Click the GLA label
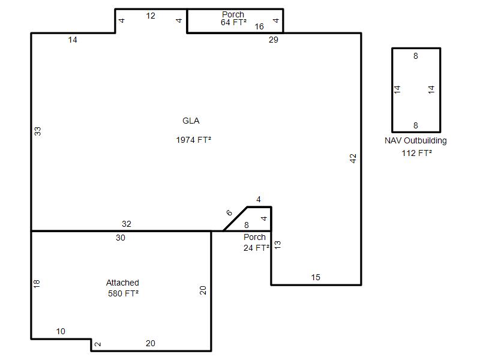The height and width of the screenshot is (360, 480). pos(191,121)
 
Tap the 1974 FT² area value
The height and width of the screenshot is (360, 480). pos(193,140)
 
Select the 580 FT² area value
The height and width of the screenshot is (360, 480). pos(123,293)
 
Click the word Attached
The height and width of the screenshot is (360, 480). pos(122,283)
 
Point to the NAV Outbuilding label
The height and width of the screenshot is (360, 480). pos(415,140)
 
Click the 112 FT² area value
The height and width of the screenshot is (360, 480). pos(416,153)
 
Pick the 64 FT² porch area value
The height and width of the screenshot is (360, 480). pos(233,22)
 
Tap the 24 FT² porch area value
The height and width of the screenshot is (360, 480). pos(257,248)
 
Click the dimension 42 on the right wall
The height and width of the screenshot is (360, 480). pos(353,158)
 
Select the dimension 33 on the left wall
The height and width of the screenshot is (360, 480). pos(37,131)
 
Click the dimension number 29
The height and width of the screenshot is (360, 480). pos(274,40)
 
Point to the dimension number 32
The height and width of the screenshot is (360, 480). pos(127,224)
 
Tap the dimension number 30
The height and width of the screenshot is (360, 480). pos(121,238)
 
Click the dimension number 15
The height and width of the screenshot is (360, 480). pos(316,277)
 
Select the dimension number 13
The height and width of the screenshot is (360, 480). pos(277,245)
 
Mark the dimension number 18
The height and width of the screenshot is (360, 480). pos(37,284)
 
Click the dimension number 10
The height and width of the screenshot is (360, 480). pos(61,331)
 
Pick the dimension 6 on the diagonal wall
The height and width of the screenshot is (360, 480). pos(229,212)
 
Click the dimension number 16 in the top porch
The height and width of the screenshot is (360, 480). pos(259,26)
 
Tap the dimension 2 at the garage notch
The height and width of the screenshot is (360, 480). pos(98,344)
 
